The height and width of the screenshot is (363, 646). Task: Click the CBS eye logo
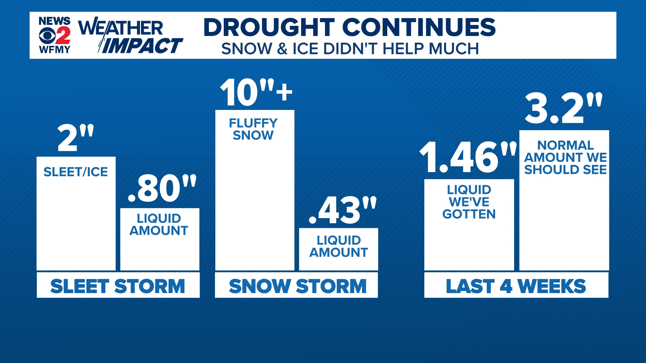coord(47,35)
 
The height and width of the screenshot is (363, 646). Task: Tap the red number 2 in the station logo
coord(63,35)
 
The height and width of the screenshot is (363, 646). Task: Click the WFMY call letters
coord(55,50)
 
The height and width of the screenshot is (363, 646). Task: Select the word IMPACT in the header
coord(141,46)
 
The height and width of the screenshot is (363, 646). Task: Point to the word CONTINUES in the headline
coord(419,27)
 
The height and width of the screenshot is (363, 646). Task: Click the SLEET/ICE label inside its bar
coord(76,172)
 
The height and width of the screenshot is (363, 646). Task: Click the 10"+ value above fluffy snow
coord(256,92)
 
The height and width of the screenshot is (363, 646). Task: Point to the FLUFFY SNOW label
coord(253,129)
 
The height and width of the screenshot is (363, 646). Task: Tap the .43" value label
coord(343,210)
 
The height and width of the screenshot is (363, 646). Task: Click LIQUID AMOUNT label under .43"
coord(338,246)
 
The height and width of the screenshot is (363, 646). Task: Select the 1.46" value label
coord(468,157)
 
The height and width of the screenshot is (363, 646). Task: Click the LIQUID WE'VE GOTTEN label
coord(469,202)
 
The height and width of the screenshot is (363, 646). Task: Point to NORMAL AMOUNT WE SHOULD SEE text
coord(565,157)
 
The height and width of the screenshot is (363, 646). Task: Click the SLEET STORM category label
coord(118,286)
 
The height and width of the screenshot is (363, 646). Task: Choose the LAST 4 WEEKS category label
coord(516,286)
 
